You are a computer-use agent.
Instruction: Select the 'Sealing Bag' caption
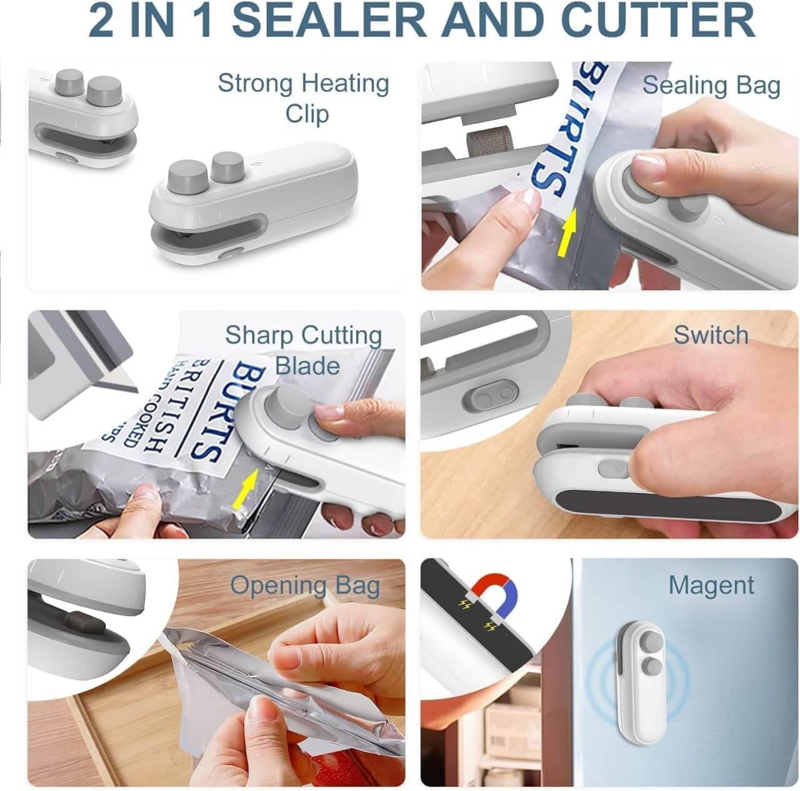711,86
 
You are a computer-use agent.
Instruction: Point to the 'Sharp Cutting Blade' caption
304,350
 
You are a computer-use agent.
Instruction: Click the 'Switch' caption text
711,335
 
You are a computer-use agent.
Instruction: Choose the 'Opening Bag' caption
305,586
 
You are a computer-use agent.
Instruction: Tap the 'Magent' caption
711,585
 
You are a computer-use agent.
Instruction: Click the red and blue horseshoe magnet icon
495,592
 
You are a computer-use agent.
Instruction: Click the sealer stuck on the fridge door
637,663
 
